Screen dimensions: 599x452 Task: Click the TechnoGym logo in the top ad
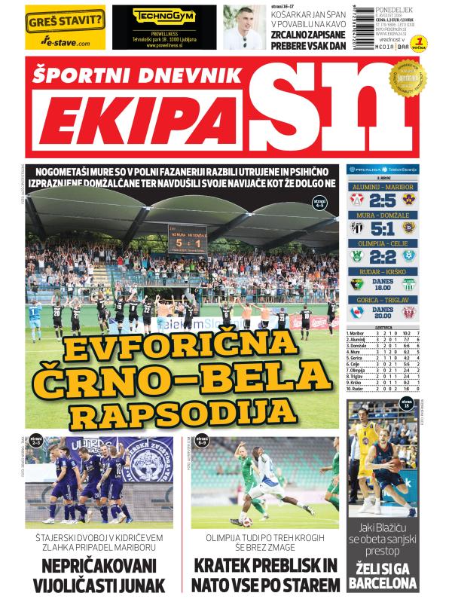pyautogui.click(x=157, y=14)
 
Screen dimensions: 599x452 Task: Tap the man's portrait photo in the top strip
pyautogui.click(x=241, y=27)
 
